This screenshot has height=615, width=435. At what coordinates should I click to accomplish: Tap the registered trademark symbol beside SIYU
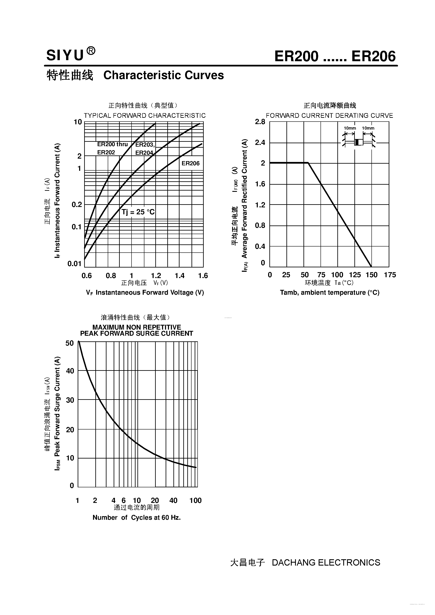click(91, 51)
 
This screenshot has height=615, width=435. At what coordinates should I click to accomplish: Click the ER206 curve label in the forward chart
click(191, 163)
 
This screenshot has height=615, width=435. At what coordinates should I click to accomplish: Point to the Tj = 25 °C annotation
click(138, 212)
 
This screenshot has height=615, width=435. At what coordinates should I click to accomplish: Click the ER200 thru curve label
click(112, 144)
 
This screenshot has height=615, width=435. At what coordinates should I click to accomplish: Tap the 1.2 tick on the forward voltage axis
click(156, 276)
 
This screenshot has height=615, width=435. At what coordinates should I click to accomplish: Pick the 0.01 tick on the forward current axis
click(74, 264)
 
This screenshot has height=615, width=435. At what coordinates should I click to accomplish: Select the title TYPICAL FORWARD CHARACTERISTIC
click(145, 116)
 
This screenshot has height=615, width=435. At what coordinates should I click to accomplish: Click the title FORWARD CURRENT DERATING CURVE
click(329, 116)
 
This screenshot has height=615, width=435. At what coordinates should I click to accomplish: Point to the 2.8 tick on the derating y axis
click(260, 122)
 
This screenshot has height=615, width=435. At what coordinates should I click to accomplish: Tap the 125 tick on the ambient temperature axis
click(355, 275)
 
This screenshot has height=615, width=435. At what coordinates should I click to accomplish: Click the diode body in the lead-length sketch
click(359, 142)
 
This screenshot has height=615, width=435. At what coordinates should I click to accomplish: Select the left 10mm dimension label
click(350, 128)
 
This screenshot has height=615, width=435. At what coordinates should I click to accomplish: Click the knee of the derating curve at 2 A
click(308, 163)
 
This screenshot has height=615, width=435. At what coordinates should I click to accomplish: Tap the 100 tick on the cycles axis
click(195, 500)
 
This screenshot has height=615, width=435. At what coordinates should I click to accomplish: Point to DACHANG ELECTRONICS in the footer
click(326, 562)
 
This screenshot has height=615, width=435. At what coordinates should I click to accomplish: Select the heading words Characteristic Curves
click(164, 75)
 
